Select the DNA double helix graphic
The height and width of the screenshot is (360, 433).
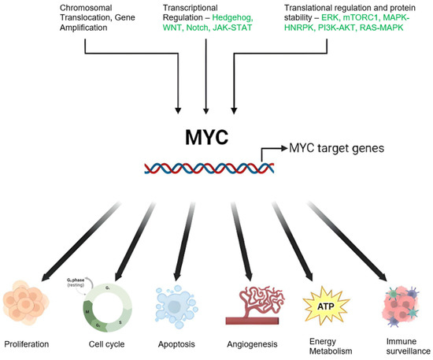[209, 168]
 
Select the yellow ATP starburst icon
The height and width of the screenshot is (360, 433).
[324, 300]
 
